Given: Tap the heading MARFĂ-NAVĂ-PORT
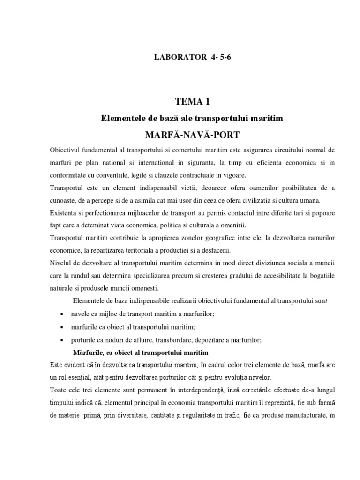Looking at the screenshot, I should pyautogui.click(x=192, y=135).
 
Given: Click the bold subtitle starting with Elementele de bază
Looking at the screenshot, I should pyautogui.click(x=192, y=119).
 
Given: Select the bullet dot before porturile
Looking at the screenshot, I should pyautogui.click(x=63, y=340).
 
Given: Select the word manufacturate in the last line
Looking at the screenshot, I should pyautogui.click(x=304, y=415).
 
